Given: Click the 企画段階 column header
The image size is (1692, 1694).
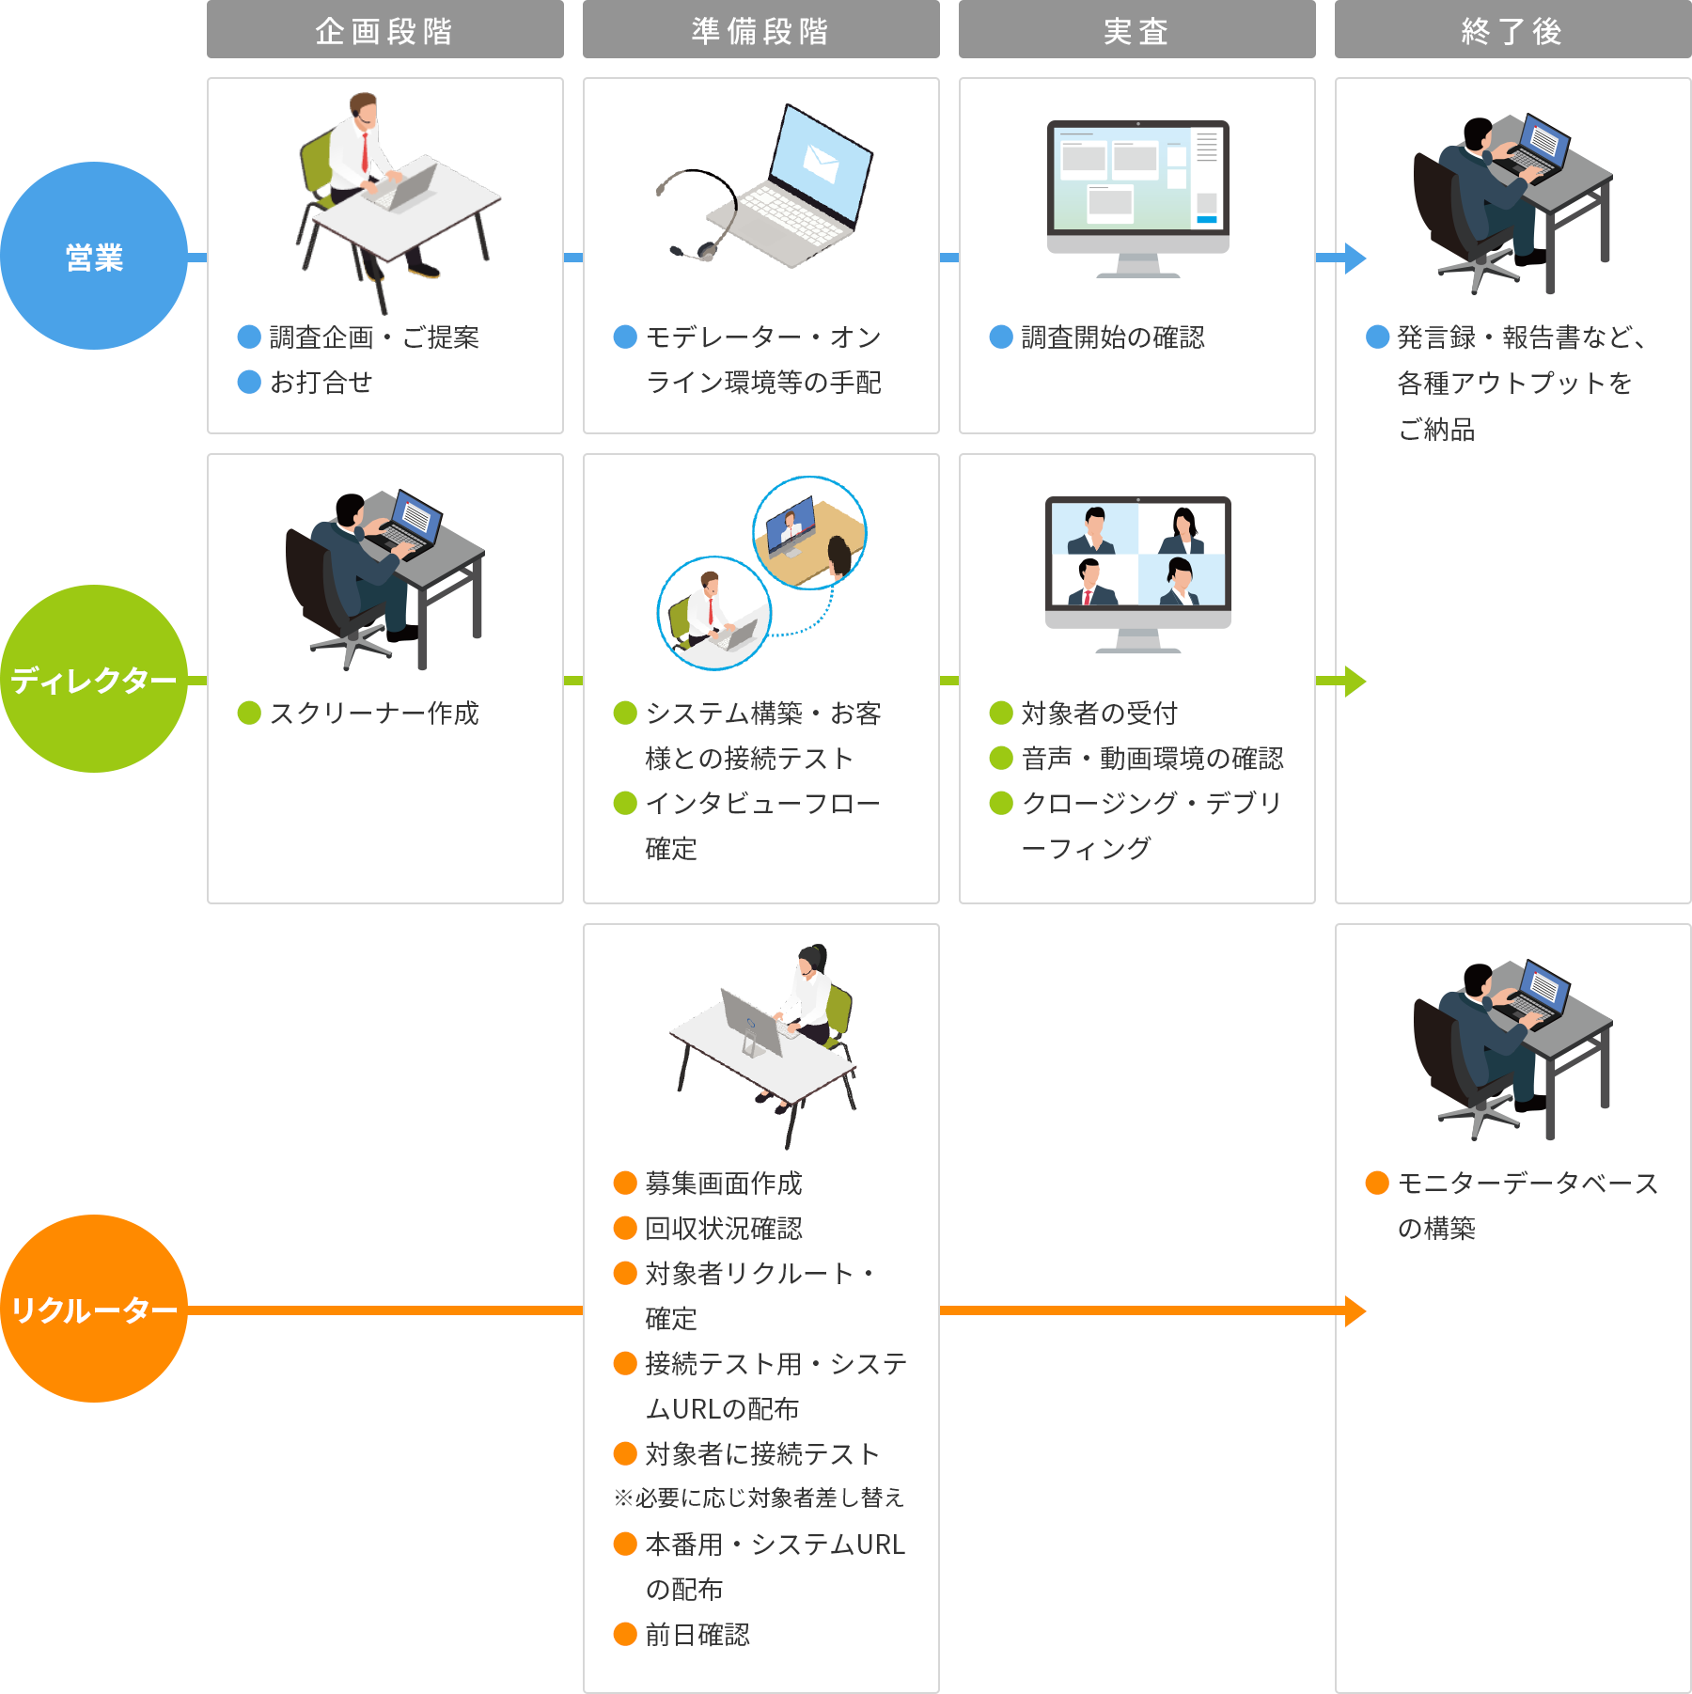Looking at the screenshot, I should [x=384, y=30].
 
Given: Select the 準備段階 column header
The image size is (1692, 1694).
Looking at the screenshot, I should [x=760, y=30].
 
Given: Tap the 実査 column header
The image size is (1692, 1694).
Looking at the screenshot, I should [x=1136, y=30].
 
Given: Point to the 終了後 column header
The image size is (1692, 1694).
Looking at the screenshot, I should [x=1512, y=30].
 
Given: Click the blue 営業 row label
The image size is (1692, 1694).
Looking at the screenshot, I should [x=94, y=256].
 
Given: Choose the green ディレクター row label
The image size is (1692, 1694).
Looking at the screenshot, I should [x=94, y=679].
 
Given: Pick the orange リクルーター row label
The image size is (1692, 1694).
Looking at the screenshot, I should [x=94, y=1309].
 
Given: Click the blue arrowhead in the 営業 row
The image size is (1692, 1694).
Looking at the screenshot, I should [x=1354, y=258].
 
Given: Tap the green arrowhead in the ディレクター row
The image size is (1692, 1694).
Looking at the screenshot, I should [x=1354, y=681].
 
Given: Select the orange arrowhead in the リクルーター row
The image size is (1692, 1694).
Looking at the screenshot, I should [x=1354, y=1310].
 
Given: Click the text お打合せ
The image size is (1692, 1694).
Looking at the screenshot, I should [x=321, y=383].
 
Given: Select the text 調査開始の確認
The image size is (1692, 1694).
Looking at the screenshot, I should [x=1112, y=337].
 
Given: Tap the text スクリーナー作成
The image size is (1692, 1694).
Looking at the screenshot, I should [x=374, y=714].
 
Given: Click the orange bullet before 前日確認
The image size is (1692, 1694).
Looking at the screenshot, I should [x=625, y=1634].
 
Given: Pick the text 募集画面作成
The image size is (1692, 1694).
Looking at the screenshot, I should [x=724, y=1184].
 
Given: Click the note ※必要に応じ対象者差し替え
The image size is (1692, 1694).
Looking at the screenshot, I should [x=759, y=1498].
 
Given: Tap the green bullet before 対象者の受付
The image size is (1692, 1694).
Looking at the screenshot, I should [x=1001, y=713].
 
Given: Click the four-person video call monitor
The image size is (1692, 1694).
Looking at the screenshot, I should [x=1137, y=564].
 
